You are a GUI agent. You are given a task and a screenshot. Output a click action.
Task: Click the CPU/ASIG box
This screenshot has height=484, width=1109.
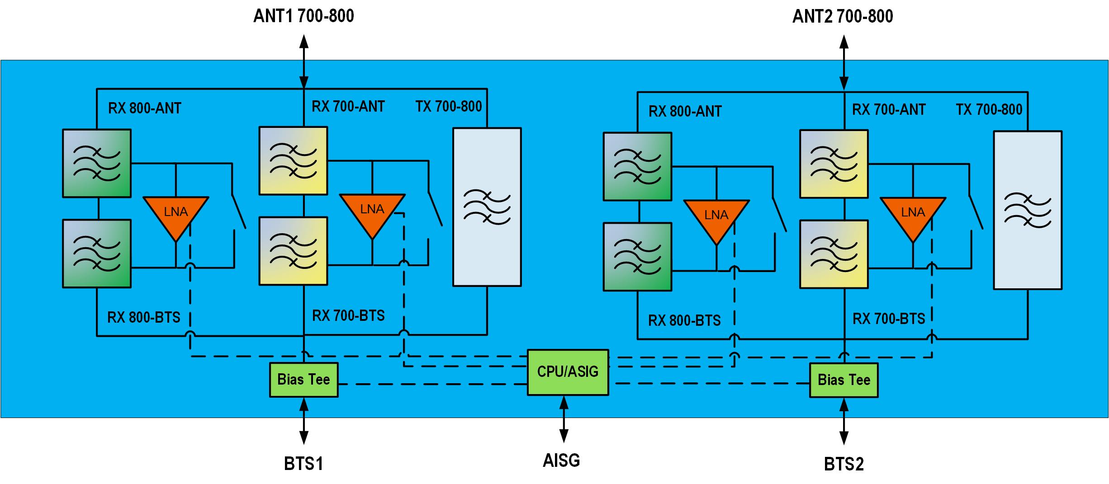(568, 372)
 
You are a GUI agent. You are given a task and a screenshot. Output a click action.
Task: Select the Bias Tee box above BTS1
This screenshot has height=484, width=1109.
(303, 380)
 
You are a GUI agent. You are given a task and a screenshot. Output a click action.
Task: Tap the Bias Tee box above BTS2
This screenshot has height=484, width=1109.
(844, 380)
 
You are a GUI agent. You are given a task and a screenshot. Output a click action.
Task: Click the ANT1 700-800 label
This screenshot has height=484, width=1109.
(303, 16)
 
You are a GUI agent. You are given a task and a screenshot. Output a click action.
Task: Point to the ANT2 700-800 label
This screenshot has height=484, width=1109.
(843, 17)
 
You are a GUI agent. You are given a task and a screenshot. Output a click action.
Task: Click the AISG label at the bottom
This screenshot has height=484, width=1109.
(561, 461)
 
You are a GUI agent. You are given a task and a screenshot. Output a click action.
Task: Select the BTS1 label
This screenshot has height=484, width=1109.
(303, 464)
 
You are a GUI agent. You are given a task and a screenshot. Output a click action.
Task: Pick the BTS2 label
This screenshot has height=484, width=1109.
(844, 464)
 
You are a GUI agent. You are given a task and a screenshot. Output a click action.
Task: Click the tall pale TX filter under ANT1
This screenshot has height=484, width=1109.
(487, 207)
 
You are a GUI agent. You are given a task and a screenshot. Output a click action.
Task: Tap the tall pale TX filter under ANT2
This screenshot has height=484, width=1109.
(1028, 210)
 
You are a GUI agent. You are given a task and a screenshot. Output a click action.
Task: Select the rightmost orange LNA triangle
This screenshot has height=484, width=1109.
(913, 216)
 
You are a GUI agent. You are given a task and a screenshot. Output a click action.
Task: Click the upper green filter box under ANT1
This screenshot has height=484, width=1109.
(97, 163)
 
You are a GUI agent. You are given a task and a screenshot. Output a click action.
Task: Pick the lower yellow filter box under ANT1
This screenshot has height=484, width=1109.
(293, 251)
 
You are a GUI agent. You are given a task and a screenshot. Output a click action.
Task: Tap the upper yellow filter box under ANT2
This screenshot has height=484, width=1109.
(834, 164)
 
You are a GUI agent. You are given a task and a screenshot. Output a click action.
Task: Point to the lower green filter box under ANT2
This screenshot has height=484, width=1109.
(637, 256)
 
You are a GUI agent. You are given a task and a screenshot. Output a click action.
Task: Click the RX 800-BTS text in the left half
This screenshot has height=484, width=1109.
(144, 318)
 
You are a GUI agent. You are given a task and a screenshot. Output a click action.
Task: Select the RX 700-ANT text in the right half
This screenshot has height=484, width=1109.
(889, 110)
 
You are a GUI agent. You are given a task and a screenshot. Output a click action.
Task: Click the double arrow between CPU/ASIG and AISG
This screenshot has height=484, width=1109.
(564, 419)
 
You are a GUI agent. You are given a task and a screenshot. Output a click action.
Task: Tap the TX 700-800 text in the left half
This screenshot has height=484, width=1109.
(449, 107)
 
